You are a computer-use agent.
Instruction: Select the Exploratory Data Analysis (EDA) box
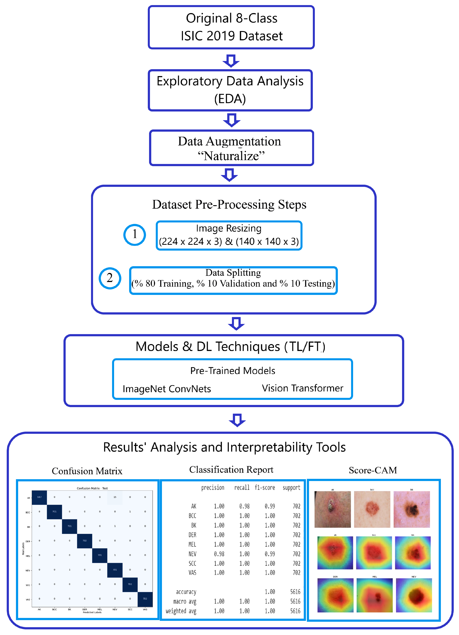coord(230,90)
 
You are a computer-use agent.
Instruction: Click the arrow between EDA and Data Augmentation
coord(231,120)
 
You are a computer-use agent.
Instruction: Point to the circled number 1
coord(135,235)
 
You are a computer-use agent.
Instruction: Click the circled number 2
coord(110,278)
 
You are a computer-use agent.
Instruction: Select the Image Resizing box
coord(229,235)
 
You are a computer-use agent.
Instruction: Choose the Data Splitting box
coord(233,280)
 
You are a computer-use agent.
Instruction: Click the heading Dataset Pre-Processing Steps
coord(229,205)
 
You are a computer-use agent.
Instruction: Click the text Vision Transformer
coord(302,388)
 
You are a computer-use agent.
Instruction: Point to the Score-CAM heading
coord(372,470)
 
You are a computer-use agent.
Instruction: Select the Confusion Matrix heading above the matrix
coord(87,471)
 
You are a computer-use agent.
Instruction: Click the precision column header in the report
coord(213,488)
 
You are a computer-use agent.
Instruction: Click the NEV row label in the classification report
coord(192,554)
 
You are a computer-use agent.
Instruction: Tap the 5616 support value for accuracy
coord(295,592)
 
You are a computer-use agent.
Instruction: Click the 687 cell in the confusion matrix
coord(39,497)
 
